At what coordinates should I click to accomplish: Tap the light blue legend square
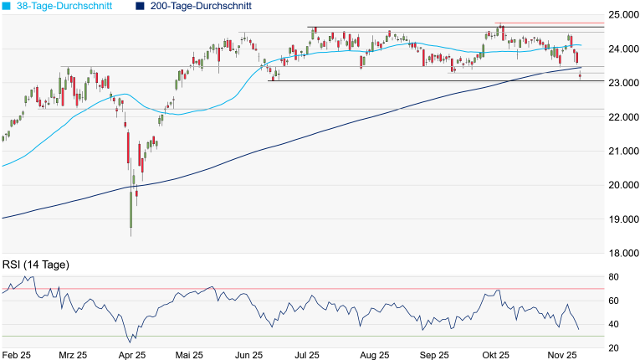pyautogui.click(x=6, y=6)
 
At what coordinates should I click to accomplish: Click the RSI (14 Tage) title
pyautogui.click(x=36, y=265)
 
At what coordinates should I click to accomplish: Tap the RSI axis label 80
pyautogui.click(x=613, y=277)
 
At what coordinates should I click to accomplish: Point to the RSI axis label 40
pyautogui.click(x=613, y=324)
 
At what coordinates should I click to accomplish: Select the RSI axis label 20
pyautogui.click(x=613, y=347)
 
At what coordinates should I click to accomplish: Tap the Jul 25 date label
pyautogui.click(x=306, y=355)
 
